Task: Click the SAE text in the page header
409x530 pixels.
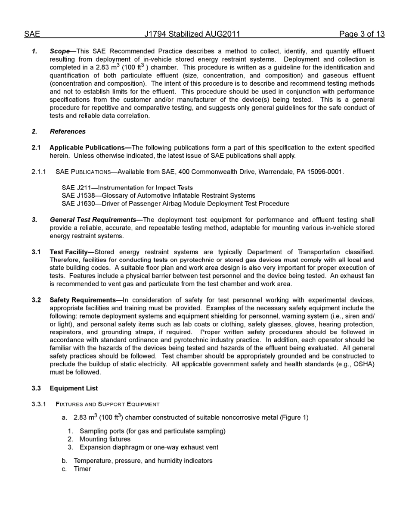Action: [32, 34]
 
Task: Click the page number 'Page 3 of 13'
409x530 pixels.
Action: [362, 34]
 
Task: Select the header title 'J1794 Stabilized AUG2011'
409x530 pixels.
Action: [192, 34]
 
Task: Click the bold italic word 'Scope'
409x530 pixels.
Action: [59, 51]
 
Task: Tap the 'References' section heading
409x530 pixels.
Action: [68, 131]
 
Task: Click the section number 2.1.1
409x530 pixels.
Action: [39, 172]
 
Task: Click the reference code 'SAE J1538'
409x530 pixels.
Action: [78, 196]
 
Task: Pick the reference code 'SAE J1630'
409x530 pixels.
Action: [78, 204]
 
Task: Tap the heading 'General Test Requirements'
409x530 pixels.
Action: [93, 220]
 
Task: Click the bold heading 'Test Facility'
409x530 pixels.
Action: [70, 252]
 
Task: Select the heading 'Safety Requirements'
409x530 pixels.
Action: [84, 300]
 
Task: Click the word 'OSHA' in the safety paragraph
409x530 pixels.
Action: [364, 364]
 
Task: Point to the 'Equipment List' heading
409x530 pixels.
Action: [74, 388]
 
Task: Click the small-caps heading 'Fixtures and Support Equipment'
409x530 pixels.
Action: [108, 404]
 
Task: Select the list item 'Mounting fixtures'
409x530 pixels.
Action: [105, 439]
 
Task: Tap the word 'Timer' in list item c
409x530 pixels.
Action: [82, 469]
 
